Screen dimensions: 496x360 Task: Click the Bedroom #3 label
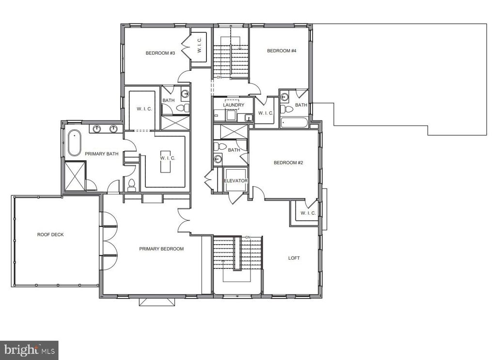point(160,53)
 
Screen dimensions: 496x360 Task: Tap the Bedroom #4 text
point(281,50)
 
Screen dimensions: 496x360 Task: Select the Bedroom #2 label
point(288,163)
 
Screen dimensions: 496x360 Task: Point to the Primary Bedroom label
point(161,249)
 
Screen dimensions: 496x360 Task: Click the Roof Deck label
point(50,235)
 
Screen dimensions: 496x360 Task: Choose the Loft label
point(294,258)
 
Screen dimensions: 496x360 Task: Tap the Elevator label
point(236,181)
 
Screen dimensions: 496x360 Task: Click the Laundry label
point(233,105)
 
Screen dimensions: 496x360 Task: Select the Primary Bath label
point(102,154)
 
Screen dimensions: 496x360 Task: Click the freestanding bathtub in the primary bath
point(74,142)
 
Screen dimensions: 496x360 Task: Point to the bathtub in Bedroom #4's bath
point(294,123)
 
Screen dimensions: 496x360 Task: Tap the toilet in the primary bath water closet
point(131,186)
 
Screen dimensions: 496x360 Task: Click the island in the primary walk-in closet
point(167,161)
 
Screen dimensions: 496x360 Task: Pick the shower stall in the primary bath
point(75,176)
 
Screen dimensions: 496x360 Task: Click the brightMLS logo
point(29,350)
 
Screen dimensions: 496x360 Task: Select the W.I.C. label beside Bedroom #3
point(199,45)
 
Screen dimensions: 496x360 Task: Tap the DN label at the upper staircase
point(219,78)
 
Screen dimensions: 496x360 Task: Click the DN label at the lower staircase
point(248,237)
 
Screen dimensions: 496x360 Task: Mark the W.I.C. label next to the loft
point(308,213)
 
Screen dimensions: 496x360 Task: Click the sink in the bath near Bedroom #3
point(186,94)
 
